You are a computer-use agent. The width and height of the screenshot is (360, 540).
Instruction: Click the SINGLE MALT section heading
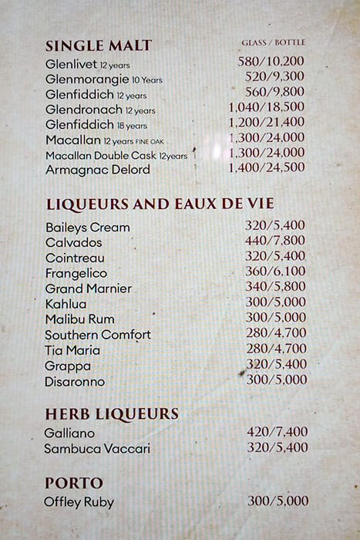(x=99, y=45)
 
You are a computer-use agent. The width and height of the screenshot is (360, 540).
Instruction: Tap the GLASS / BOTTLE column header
(x=273, y=42)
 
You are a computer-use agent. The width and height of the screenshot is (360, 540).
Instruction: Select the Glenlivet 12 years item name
(x=87, y=64)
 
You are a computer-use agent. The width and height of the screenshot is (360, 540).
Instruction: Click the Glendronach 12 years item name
(x=100, y=110)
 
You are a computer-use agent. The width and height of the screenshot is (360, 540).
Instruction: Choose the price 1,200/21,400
(x=267, y=122)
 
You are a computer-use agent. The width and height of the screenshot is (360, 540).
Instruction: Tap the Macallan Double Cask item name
(x=116, y=155)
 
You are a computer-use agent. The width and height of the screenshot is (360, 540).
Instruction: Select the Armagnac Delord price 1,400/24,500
(x=267, y=167)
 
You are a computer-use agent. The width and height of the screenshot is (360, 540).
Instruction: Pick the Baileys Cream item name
(x=87, y=227)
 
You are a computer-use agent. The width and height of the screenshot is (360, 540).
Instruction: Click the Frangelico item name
(x=76, y=273)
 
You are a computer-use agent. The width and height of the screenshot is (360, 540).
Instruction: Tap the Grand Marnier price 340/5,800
(x=276, y=287)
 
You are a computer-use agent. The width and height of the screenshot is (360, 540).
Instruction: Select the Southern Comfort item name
(x=98, y=335)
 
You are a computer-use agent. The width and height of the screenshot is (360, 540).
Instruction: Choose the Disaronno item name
(x=75, y=381)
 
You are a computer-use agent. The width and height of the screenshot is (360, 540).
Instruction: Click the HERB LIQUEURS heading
(x=111, y=413)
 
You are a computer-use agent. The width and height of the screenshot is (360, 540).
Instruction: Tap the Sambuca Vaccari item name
(x=96, y=448)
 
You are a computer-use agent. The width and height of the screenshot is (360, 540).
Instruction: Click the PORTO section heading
(x=74, y=483)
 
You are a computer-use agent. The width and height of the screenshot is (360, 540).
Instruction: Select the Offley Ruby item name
(x=79, y=502)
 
